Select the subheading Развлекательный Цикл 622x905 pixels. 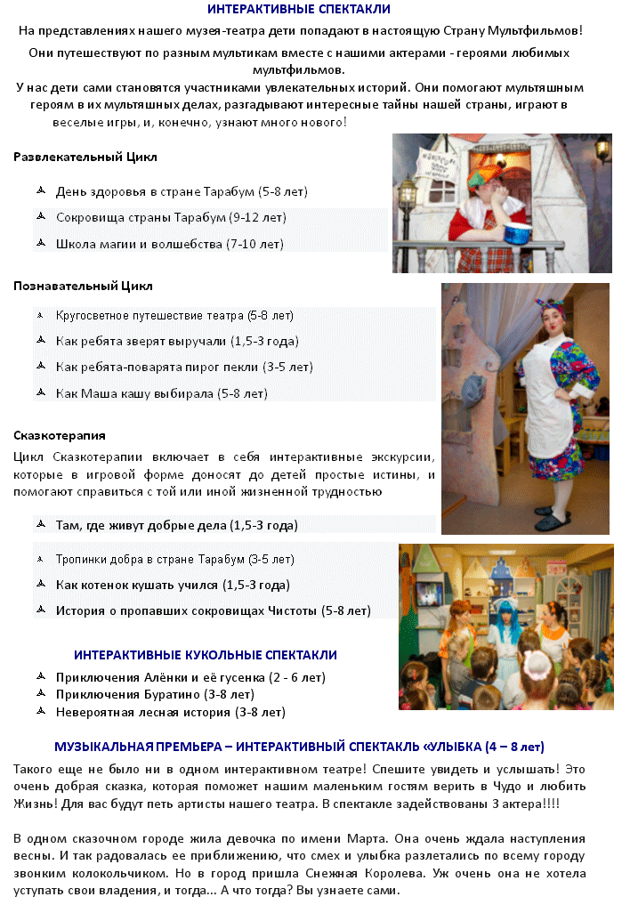pyautogui.click(x=85, y=158)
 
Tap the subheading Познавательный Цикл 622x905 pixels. pyautogui.click(x=83, y=287)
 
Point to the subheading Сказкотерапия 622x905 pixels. pyautogui.click(x=60, y=436)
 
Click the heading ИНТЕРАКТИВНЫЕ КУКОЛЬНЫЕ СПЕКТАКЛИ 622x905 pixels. pyautogui.click(x=205, y=655)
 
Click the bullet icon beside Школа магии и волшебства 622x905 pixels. pyautogui.click(x=40, y=243)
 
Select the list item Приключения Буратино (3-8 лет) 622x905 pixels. pyautogui.click(x=155, y=695)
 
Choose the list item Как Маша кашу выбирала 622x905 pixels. pyautogui.click(x=160, y=393)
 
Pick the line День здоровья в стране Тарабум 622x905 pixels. pyautogui.click(x=182, y=191)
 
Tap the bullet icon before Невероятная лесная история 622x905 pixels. pyautogui.click(x=40, y=712)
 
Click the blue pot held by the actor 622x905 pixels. pyautogui.click(x=518, y=234)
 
